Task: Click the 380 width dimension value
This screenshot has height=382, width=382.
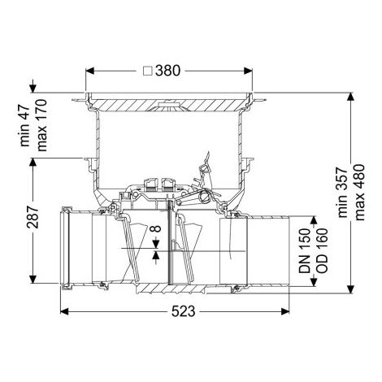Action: (167, 71)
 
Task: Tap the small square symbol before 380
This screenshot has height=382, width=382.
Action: (148, 72)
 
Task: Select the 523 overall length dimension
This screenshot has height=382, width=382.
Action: (183, 311)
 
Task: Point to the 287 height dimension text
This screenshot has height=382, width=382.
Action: (33, 217)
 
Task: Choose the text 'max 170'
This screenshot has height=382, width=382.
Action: (42, 125)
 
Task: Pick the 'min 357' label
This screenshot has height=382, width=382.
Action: (343, 193)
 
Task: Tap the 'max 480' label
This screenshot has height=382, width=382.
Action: (360, 193)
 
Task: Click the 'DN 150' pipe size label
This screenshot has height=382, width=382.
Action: (304, 250)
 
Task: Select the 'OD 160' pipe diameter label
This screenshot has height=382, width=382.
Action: (322, 250)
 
